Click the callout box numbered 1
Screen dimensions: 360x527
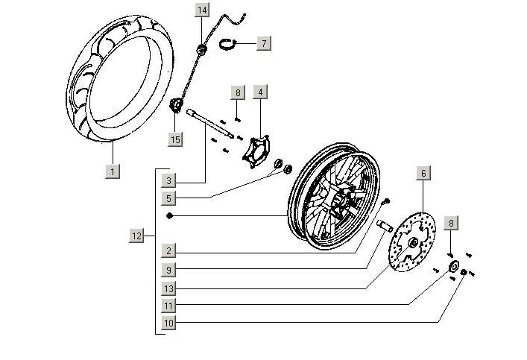[113, 172]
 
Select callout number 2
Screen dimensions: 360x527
[170, 251]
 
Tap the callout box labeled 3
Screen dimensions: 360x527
[170, 181]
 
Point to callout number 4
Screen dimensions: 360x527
[259, 92]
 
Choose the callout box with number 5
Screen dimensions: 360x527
[170, 198]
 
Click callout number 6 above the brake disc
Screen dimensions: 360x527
[423, 174]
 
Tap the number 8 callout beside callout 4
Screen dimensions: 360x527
[237, 93]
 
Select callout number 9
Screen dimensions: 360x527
[170, 270]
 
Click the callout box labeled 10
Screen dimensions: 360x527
[170, 323]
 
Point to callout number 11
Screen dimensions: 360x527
[170, 306]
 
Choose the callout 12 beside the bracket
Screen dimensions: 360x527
[136, 236]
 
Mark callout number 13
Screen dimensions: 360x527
[170, 288]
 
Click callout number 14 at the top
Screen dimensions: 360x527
[203, 10]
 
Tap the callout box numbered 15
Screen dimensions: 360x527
[175, 139]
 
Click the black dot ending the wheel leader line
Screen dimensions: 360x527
[171, 216]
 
